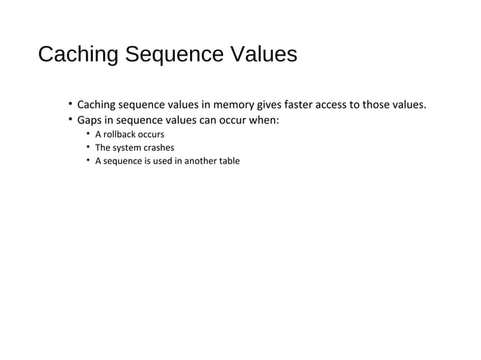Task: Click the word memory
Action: click(232, 104)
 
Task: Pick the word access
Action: click(337, 104)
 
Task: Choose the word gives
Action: click(267, 104)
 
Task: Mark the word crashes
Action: click(158, 148)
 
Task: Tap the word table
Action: click(230, 160)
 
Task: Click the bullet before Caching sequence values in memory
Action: click(69, 103)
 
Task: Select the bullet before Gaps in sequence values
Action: click(69, 120)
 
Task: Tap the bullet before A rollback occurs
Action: click(87, 134)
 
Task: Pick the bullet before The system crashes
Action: click(87, 147)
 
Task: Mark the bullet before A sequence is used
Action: click(87, 160)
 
